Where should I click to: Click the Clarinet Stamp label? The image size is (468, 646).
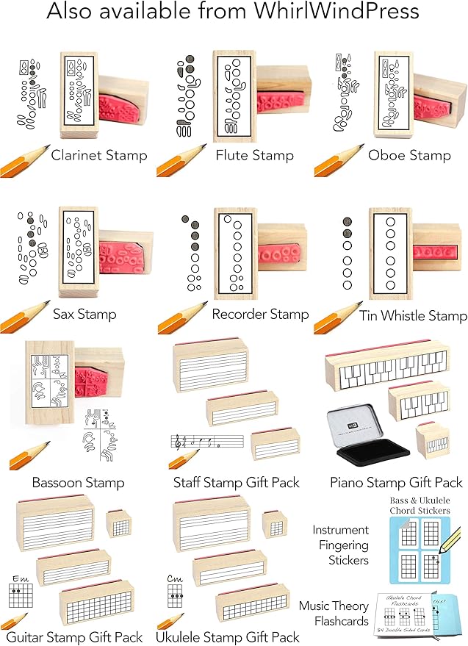[99, 155]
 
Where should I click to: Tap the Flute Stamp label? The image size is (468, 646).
[254, 155]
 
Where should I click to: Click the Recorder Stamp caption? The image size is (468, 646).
[260, 315]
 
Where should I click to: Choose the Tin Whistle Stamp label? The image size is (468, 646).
[414, 316]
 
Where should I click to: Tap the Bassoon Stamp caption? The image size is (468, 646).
[78, 483]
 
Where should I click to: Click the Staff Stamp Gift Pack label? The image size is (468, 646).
[237, 483]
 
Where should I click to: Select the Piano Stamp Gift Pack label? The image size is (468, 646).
[397, 483]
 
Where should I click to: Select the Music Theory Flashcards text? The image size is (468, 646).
[333, 614]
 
